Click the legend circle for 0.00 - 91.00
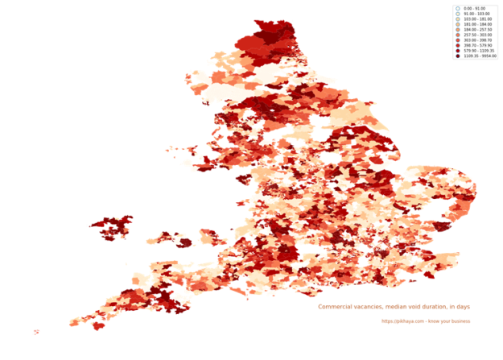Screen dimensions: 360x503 click(457, 8)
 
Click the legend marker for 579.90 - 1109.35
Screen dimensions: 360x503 click(457, 52)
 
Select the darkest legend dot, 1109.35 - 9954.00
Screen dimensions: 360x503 click(457, 57)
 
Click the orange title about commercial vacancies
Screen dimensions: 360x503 click(394, 306)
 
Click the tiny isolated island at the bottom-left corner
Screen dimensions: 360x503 click(35, 332)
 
